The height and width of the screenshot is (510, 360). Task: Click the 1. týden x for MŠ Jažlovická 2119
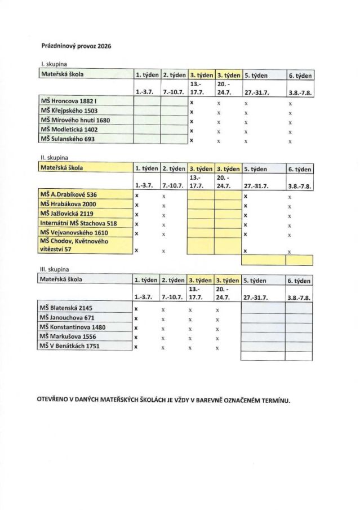[x=136, y=215]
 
